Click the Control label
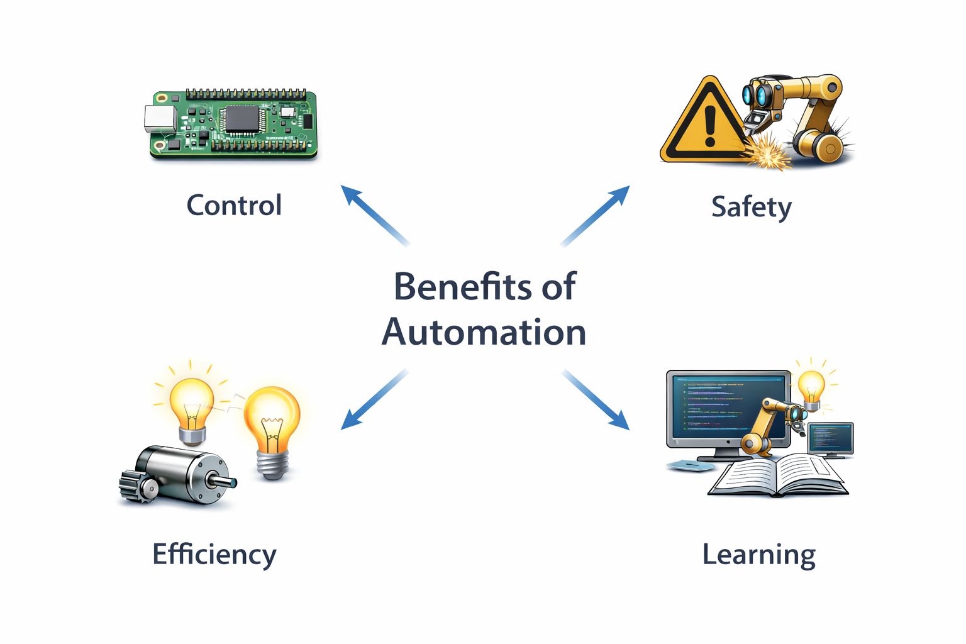point(234,206)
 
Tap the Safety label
point(751,207)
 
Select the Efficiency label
point(214,555)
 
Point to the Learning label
point(758,555)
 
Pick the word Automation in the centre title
point(484,332)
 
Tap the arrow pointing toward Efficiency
point(374,399)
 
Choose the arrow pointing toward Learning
point(596,399)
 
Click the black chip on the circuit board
point(241,118)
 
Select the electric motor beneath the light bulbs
point(182,475)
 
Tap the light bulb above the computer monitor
point(811,386)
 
